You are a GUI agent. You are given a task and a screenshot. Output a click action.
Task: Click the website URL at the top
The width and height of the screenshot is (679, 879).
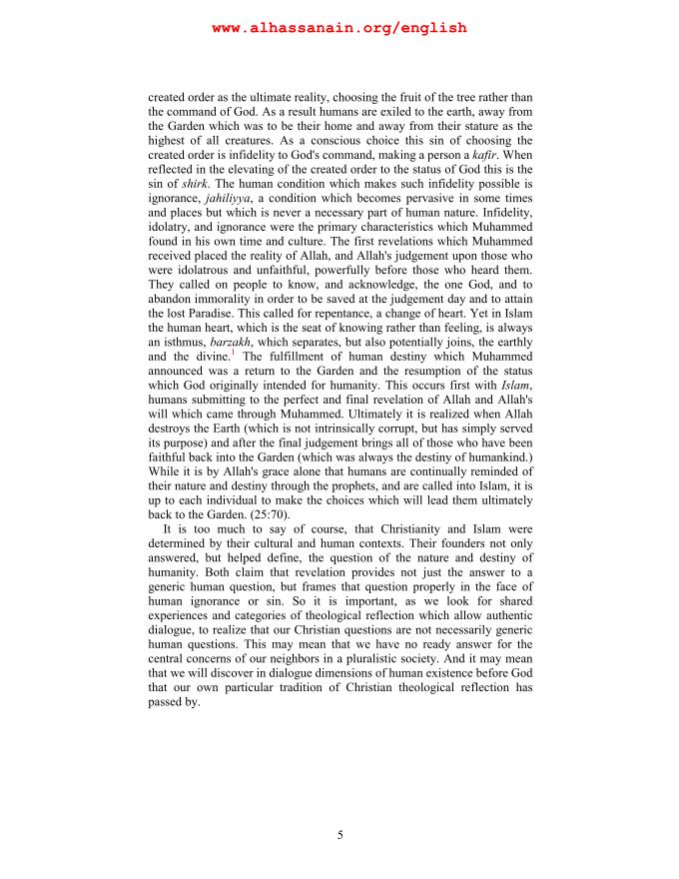coord(339,28)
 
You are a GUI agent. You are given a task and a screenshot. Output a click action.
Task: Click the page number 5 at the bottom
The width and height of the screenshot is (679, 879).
coord(339,834)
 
